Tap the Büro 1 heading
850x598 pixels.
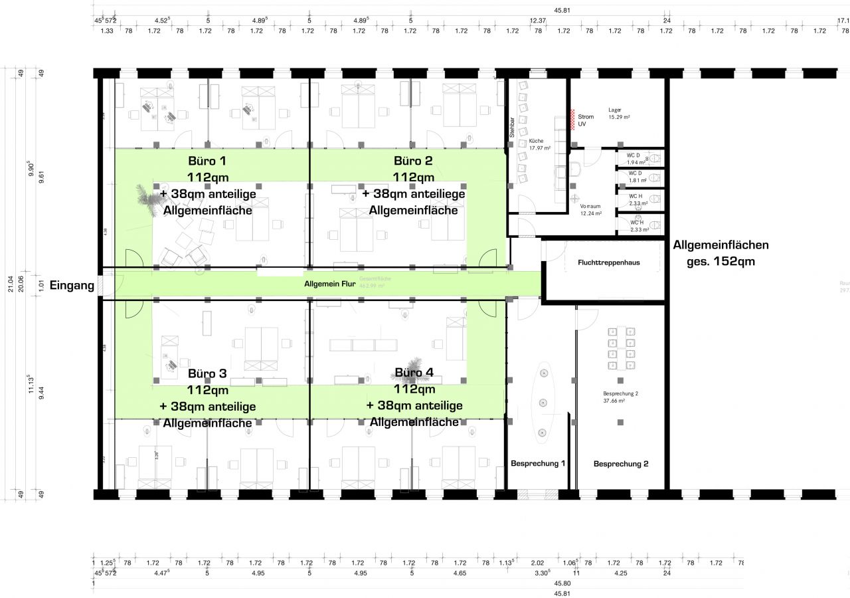(x=207, y=161)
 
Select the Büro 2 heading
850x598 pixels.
(x=413, y=161)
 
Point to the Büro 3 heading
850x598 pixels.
(x=207, y=374)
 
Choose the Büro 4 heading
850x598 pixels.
(x=414, y=373)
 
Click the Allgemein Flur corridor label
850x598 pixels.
(x=329, y=284)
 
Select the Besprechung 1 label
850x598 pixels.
(x=538, y=463)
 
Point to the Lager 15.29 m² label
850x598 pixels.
(x=619, y=113)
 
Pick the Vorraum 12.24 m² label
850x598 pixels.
(x=590, y=210)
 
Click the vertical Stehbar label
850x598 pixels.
(x=512, y=127)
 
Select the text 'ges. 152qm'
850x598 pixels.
(x=721, y=261)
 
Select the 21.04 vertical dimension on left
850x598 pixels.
(x=10, y=284)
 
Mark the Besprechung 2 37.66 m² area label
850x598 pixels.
(x=620, y=397)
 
